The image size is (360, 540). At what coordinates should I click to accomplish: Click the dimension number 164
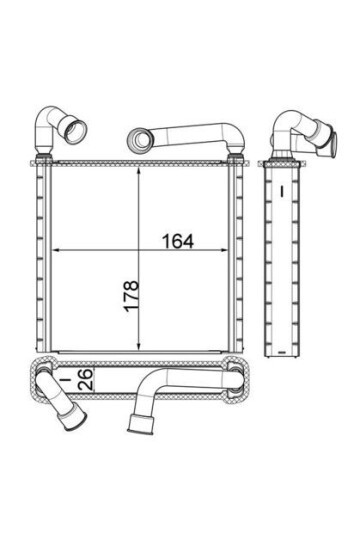pos(178,241)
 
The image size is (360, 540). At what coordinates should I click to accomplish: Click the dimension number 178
pos(131,296)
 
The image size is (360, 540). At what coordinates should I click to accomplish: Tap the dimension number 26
pos(86,379)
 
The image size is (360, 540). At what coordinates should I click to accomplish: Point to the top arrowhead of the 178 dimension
pos(138,172)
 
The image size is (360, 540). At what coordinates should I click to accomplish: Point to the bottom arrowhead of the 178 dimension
pos(138,345)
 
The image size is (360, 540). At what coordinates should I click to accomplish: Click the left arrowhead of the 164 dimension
pos(55,250)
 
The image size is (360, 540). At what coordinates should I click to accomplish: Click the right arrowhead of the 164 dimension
pos(223,250)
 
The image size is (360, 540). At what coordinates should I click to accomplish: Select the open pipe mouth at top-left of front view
pos(75,131)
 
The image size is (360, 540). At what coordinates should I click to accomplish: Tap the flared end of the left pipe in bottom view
pos(75,420)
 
